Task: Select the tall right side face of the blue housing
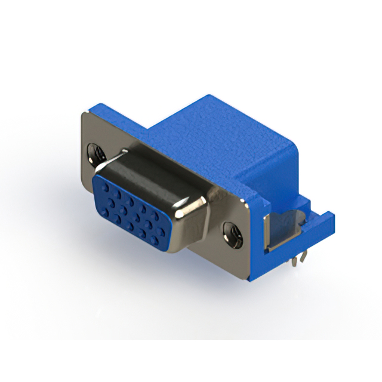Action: [281, 179]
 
